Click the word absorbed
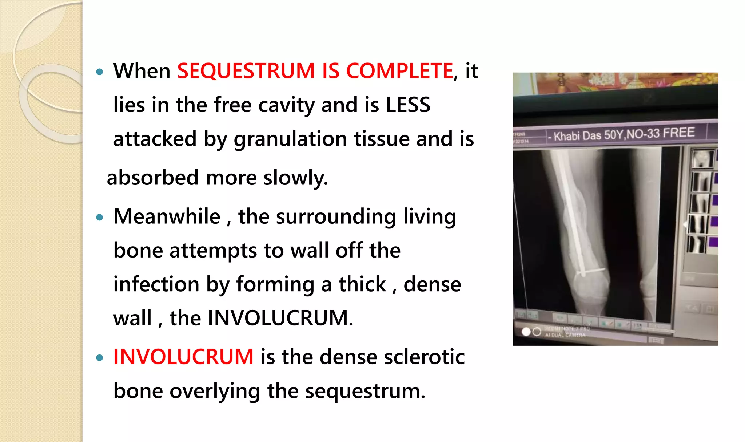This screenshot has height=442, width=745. click(x=152, y=178)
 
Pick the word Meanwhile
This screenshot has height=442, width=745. click(x=167, y=216)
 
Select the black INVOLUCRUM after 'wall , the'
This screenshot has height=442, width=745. click(x=280, y=318)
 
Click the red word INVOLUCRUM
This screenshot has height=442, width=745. click(x=183, y=357)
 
